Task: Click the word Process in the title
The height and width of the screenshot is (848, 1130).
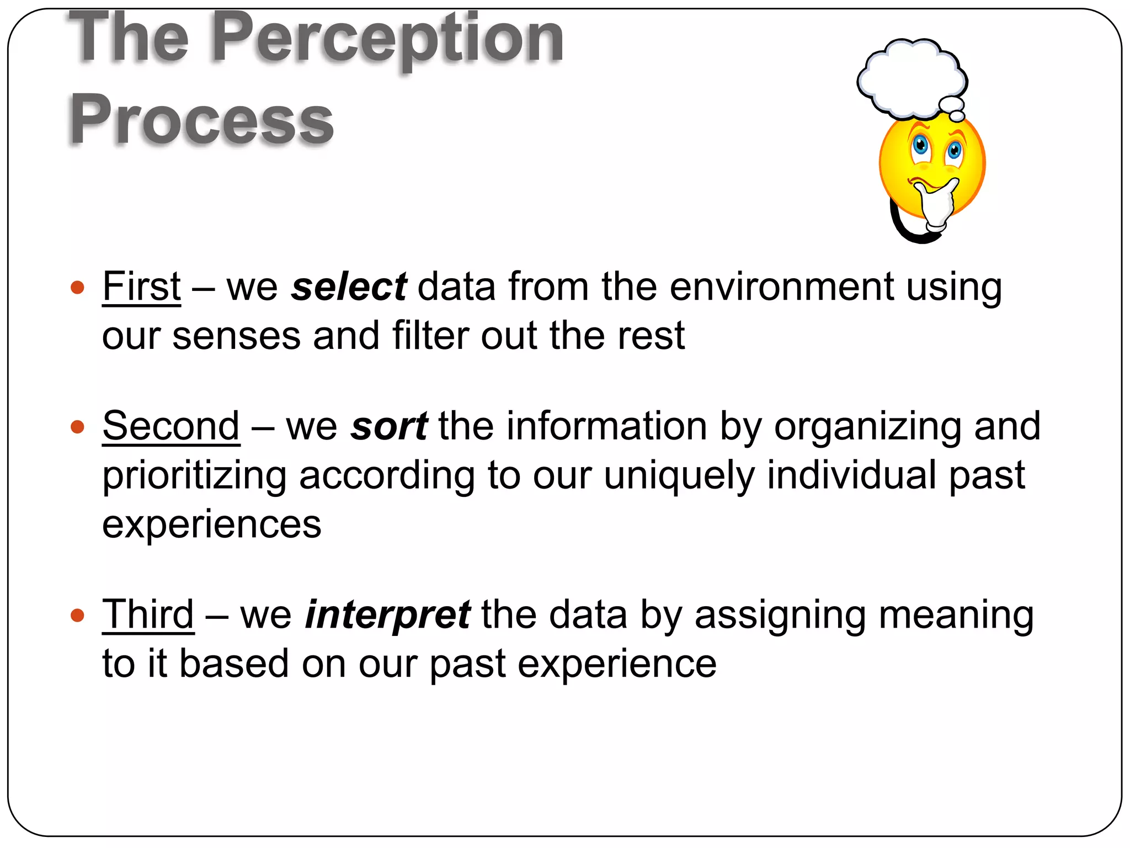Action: click(201, 119)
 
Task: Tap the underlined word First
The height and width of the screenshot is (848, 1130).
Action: click(142, 287)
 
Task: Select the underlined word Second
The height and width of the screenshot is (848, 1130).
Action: click(171, 426)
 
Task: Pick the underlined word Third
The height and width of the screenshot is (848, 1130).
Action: click(148, 614)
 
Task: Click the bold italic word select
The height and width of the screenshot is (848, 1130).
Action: click(349, 287)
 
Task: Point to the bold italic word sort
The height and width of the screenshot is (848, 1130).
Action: click(389, 427)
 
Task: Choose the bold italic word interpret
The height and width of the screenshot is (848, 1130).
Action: click(387, 615)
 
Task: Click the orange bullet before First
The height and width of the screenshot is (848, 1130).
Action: click(78, 288)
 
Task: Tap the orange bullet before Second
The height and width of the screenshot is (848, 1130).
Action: click(78, 427)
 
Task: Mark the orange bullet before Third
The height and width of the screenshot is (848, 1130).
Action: click(78, 615)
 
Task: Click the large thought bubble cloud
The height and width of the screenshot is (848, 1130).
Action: click(910, 77)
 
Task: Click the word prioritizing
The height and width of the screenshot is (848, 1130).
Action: click(194, 476)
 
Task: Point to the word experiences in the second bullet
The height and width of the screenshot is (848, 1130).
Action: click(211, 524)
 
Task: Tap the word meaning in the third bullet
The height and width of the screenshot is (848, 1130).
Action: click(956, 615)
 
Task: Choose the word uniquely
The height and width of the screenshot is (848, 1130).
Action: click(679, 476)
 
